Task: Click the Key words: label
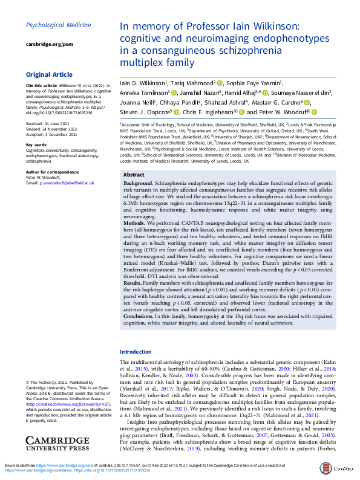(38, 145)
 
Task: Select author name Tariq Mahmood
(195, 83)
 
